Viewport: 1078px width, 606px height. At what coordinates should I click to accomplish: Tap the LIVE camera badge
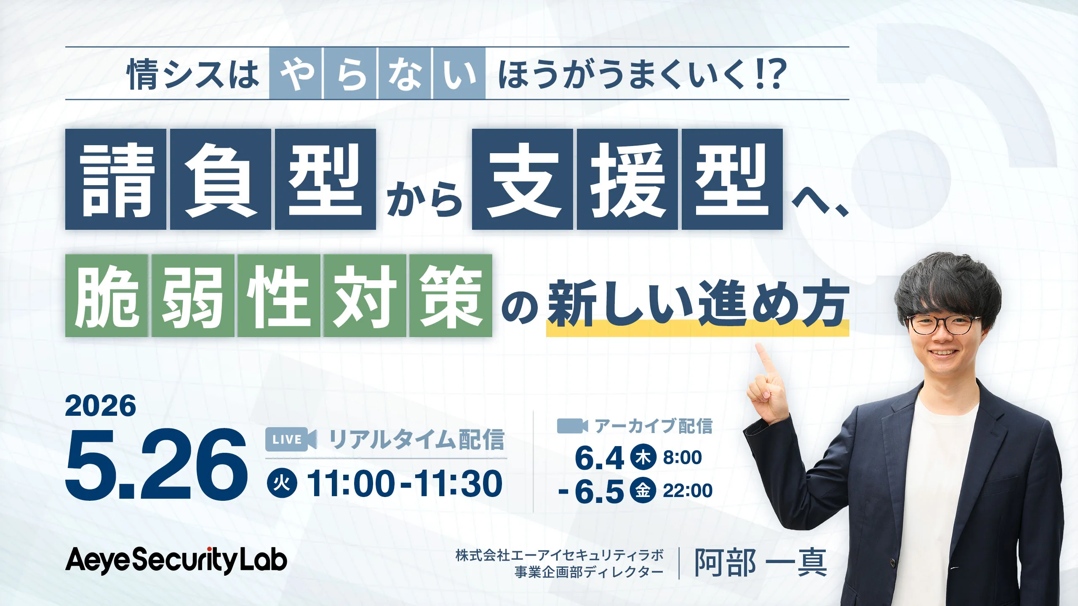(x=291, y=439)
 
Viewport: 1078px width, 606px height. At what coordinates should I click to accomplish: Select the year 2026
(x=101, y=406)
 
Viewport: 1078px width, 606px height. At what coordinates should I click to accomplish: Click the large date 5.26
(x=156, y=465)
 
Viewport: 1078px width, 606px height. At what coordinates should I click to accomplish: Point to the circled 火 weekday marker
(x=282, y=484)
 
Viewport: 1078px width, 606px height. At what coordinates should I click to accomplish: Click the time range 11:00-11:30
(x=405, y=484)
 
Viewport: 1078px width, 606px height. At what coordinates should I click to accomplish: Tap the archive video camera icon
(x=572, y=426)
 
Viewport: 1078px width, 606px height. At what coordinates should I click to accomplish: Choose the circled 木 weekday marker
(x=643, y=457)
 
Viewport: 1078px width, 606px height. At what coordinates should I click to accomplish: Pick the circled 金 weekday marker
(x=643, y=490)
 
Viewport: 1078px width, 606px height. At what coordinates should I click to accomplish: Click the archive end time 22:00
(x=688, y=491)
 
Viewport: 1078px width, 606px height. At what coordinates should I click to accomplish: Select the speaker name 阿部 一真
(x=760, y=563)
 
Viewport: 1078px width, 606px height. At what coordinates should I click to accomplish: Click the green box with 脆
(x=107, y=295)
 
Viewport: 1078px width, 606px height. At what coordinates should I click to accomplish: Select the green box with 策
(x=450, y=295)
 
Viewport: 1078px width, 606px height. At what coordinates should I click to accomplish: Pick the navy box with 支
(x=522, y=179)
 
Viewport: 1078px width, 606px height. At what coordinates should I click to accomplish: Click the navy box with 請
(x=116, y=179)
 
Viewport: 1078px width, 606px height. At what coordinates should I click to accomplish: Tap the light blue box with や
(x=296, y=74)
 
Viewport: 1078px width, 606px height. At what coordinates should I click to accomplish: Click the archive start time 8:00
(x=682, y=457)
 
